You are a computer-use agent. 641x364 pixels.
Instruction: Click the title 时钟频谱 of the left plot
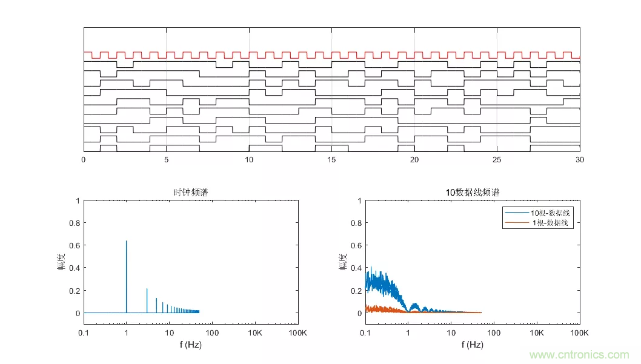coord(190,193)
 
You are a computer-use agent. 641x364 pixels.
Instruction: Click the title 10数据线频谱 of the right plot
coord(473,193)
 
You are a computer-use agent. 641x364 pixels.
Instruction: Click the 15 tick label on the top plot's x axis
coord(331,160)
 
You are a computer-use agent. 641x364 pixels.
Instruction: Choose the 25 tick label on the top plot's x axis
coord(497,160)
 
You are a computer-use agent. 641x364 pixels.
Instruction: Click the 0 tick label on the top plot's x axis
coord(84,160)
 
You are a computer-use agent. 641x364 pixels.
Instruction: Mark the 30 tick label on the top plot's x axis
coord(580,160)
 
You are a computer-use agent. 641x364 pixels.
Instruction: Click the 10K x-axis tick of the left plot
coord(254,333)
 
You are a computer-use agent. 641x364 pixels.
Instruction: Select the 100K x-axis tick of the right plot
coord(579,333)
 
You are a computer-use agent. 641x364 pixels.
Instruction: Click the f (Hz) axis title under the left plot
coord(190,345)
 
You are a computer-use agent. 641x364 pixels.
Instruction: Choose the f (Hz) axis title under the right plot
coord(473,345)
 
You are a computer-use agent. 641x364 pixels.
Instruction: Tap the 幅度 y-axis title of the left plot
coord(61,262)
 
